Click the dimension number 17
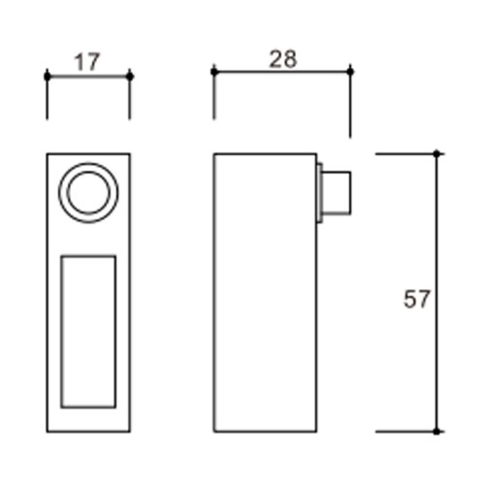87,62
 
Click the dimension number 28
283,59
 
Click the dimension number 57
417,299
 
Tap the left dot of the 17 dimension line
48,77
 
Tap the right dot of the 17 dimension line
130,77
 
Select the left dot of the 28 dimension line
214,72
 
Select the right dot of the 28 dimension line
350,72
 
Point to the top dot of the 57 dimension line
436,154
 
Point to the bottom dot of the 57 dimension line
436,432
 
